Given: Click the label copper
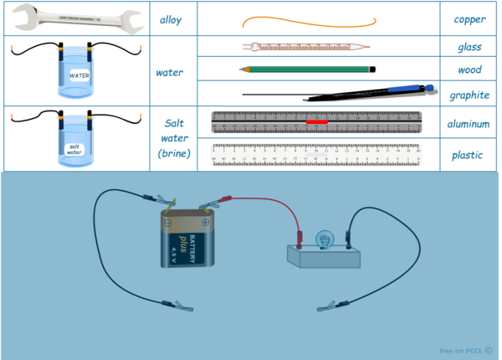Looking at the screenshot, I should pos(470,18).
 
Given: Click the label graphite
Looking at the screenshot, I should pos(469,95).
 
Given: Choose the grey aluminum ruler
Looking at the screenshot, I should pos(316,122).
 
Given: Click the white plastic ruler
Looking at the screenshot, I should pos(316,154).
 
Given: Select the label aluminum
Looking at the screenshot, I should pos(469,124).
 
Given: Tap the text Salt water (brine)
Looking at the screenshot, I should pos(175,138).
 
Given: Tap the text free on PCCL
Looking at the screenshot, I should pos(465,350).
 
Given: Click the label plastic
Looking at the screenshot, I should pos(470,155).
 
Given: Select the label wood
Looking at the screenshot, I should pos(470,70).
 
